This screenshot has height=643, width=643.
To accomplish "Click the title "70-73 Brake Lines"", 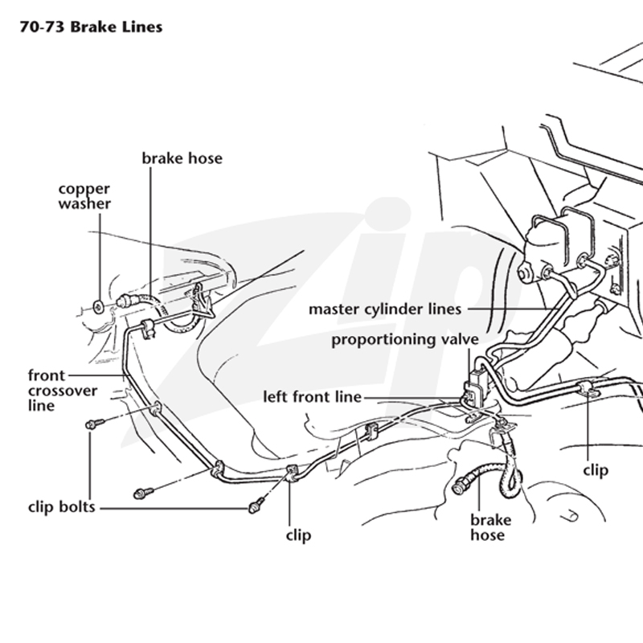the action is pos(91,27).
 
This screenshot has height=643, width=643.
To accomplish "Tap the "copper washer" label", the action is pos(84,196).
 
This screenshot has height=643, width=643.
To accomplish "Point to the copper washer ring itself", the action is pos(98,306).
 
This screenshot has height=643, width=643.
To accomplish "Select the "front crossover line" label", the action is pos(63,390).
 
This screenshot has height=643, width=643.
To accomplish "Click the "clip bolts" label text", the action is pos(62,507).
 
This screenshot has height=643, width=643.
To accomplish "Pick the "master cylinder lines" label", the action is pos(385,309).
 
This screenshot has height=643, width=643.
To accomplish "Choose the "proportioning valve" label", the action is pos(405,340).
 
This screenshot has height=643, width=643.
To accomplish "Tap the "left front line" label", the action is pos(312,397).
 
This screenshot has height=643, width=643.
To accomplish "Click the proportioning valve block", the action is pos(477,387).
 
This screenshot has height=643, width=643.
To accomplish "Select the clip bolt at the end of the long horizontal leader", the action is pos(256,506).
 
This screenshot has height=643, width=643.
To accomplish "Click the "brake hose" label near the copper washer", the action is pos(182,158).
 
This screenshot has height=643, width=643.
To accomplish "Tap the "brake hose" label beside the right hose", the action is pos(490,527).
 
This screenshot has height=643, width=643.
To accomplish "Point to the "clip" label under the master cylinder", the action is pos(596,470).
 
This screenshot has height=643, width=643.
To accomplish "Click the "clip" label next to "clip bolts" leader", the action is pos(298,535).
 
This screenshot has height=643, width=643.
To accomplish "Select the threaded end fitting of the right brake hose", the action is pos(460,487).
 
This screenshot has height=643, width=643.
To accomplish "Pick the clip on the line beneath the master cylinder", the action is pos(588,389).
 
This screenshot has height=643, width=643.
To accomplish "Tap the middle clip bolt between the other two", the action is pos(143,493).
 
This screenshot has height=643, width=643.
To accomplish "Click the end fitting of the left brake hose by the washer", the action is pos(125,301).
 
